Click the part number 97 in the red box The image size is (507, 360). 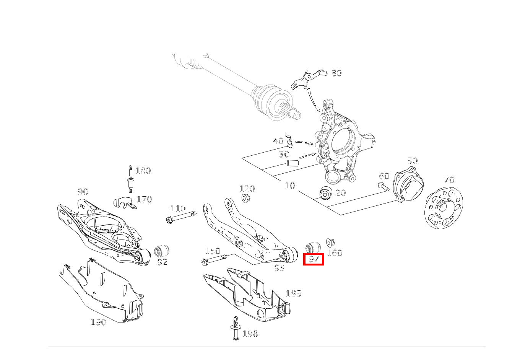tap(314, 259)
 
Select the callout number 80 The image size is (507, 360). tap(336, 73)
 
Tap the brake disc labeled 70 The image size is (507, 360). tap(444, 208)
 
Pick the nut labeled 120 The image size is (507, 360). tap(244, 198)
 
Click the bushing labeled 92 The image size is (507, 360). tap(162, 251)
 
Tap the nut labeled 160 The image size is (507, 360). tap(330, 243)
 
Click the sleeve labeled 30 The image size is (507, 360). tap(292, 163)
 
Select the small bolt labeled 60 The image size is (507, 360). tap(383, 186)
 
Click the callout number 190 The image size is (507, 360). tap(98, 322)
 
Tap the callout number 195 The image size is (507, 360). tap(293, 293)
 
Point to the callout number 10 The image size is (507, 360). tap(290, 186)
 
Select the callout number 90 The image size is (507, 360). tap(83, 192)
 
